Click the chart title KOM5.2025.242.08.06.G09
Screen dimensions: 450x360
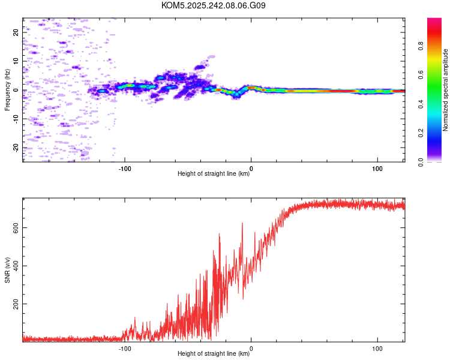click(x=213, y=5)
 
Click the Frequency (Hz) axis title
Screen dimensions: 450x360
click(x=7, y=90)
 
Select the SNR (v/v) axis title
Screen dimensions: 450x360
click(x=7, y=270)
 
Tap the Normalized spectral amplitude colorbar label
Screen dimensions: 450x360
click(x=445, y=90)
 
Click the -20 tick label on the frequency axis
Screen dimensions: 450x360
click(x=16, y=148)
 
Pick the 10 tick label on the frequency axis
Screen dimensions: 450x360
click(x=16, y=61)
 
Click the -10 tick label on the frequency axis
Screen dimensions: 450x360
click(x=16, y=119)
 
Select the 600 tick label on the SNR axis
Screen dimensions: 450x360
click(x=16, y=227)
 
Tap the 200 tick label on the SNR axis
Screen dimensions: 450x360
click(x=16, y=304)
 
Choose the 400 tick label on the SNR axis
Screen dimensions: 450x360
click(x=16, y=266)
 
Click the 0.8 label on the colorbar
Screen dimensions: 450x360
click(x=421, y=46)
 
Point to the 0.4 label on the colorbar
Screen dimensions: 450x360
click(x=421, y=104)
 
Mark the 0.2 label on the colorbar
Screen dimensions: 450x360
click(x=421, y=133)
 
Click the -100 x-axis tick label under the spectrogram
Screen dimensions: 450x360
click(x=125, y=169)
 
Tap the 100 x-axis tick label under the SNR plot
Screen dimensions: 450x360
click(x=377, y=349)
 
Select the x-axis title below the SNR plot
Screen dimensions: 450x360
click(x=214, y=353)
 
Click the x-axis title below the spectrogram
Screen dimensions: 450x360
click(x=214, y=173)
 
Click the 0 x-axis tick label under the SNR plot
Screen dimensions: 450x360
click(x=251, y=349)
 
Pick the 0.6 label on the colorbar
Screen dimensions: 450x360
click(x=421, y=75)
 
